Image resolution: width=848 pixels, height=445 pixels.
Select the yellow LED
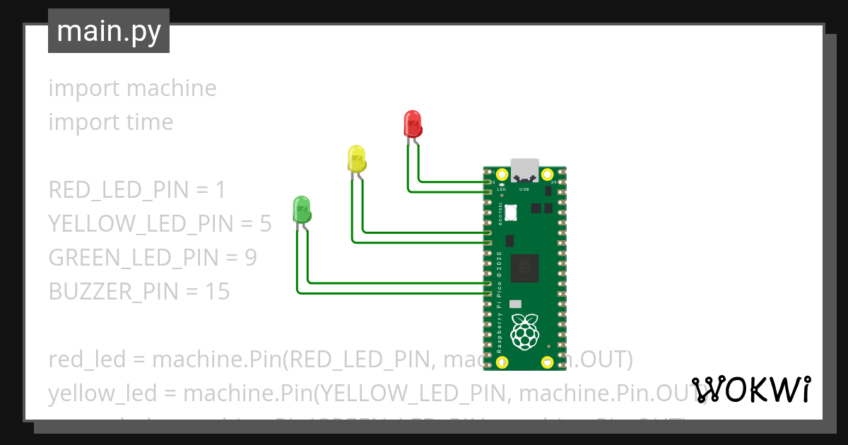(x=357, y=158)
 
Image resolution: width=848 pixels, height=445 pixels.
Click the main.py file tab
(x=109, y=31)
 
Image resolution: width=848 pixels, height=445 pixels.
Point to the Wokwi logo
(x=750, y=389)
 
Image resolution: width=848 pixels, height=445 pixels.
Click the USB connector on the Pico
(x=524, y=169)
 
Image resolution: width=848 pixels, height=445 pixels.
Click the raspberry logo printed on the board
(x=524, y=331)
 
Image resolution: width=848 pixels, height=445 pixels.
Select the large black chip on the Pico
(x=525, y=266)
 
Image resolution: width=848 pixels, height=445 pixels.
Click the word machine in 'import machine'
(x=172, y=88)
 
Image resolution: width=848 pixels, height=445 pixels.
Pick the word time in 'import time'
(x=148, y=122)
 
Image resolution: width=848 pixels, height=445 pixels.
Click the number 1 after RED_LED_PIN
(x=220, y=190)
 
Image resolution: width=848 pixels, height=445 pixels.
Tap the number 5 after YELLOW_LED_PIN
(x=265, y=224)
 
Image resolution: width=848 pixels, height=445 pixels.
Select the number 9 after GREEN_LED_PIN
(x=250, y=258)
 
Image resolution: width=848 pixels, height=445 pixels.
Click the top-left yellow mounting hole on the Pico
(x=502, y=174)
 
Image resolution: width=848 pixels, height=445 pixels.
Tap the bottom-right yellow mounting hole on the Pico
(x=547, y=362)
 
